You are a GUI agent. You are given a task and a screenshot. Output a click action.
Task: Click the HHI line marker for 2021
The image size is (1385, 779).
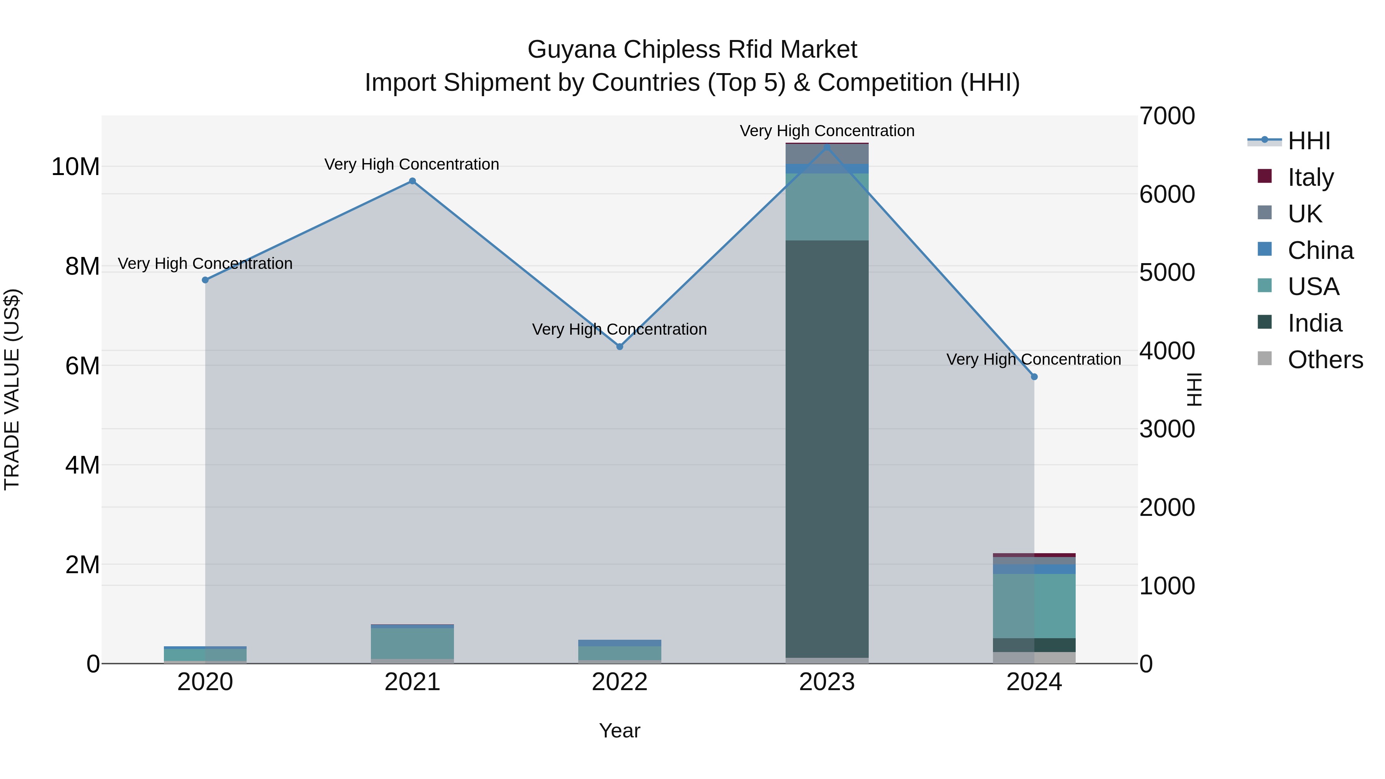pos(412,181)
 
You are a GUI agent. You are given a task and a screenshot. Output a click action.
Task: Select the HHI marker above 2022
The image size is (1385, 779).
pos(619,347)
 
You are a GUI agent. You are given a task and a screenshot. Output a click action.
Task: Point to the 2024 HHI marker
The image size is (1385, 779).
pos(1034,377)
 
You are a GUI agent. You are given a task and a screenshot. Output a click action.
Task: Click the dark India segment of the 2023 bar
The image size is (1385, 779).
pos(827,449)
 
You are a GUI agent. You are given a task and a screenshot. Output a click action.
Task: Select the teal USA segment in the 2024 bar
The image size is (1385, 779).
pos(1034,606)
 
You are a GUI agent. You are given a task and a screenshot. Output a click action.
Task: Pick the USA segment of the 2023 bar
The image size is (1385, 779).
pos(827,207)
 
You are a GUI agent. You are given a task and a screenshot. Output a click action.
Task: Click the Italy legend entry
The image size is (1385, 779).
pos(1310,177)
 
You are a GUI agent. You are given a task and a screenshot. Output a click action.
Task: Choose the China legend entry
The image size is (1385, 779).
pos(1320,250)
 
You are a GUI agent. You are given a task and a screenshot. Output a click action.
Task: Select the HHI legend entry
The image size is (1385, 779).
pos(1309,141)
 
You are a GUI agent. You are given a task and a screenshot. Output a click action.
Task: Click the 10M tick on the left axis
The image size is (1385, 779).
pos(75,167)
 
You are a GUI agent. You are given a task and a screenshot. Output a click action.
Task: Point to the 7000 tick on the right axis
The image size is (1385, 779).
pos(1167,116)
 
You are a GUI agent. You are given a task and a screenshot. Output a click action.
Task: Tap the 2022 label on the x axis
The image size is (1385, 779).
pos(619,682)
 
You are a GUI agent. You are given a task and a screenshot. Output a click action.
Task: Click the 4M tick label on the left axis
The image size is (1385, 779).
pos(82,465)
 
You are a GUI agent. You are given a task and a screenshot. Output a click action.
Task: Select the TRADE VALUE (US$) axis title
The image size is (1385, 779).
pos(12,389)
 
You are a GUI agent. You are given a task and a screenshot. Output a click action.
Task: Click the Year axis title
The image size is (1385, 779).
pos(619,731)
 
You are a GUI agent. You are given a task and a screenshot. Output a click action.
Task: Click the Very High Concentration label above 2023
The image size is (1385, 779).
pos(827,131)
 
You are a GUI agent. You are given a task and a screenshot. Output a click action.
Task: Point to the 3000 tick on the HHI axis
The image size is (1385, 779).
pos(1167,429)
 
